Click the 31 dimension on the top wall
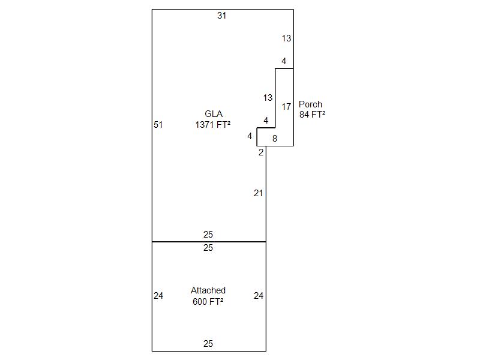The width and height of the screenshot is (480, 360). click(x=221, y=16)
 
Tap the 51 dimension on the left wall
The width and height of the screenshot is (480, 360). click(x=158, y=125)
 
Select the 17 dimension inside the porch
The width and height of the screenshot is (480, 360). click(x=286, y=107)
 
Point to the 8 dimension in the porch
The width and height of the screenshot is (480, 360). click(x=275, y=139)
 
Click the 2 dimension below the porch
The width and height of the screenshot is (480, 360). click(x=261, y=152)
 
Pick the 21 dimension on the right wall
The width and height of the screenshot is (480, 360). click(x=258, y=193)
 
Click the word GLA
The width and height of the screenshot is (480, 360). click(x=214, y=114)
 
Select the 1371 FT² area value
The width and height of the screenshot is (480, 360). click(x=213, y=125)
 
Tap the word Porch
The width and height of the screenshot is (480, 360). click(x=310, y=104)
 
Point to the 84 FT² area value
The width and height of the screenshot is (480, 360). click(x=312, y=115)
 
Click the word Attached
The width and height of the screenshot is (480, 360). click(x=208, y=290)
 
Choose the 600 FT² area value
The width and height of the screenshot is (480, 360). click(x=208, y=302)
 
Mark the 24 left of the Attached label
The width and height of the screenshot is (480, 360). click(x=158, y=296)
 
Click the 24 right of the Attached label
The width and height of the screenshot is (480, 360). click(x=259, y=296)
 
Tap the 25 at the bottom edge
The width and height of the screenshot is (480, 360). click(x=208, y=343)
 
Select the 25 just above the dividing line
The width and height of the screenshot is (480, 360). click(x=208, y=235)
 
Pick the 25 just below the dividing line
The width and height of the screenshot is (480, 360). click(x=208, y=248)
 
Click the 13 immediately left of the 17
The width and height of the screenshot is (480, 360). click(x=268, y=98)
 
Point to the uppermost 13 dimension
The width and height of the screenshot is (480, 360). click(x=286, y=38)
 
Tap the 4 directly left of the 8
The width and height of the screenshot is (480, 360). click(x=250, y=136)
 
